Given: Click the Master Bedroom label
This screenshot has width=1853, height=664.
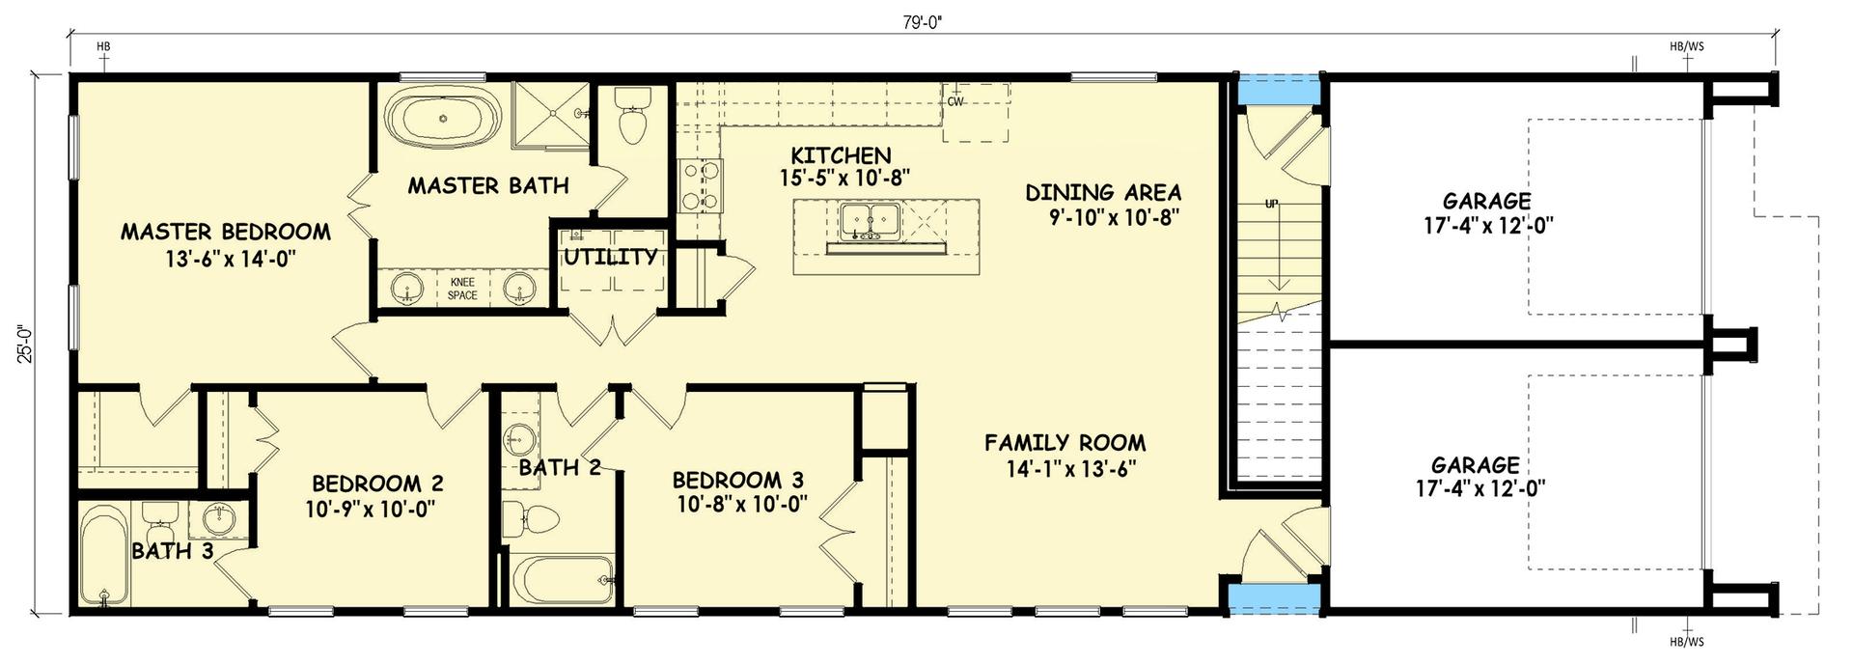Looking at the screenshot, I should point(225,232).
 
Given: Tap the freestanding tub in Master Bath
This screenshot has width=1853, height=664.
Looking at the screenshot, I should point(443,120).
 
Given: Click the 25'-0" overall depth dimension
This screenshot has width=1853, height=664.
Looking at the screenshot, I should point(26,342).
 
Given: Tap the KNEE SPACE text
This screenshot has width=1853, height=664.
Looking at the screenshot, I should point(462,289).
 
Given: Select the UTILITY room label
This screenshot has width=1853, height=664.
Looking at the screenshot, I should point(610,257).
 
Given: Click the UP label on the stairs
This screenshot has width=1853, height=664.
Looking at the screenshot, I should point(1271,205).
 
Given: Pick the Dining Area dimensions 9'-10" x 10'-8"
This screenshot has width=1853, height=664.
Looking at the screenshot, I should point(1115,218).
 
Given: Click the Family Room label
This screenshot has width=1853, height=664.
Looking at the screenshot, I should point(1065,443).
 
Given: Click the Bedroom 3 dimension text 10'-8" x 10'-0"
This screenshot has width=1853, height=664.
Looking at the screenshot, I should point(741,505).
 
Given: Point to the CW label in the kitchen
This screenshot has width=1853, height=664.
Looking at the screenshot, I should point(955,101).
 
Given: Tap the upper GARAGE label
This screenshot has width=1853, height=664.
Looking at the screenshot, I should point(1486,201).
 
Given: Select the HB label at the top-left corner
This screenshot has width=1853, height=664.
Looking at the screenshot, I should point(104,45).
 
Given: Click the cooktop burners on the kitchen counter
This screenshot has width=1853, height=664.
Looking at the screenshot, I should point(701,185).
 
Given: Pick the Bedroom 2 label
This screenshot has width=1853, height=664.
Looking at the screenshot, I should point(377,484).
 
